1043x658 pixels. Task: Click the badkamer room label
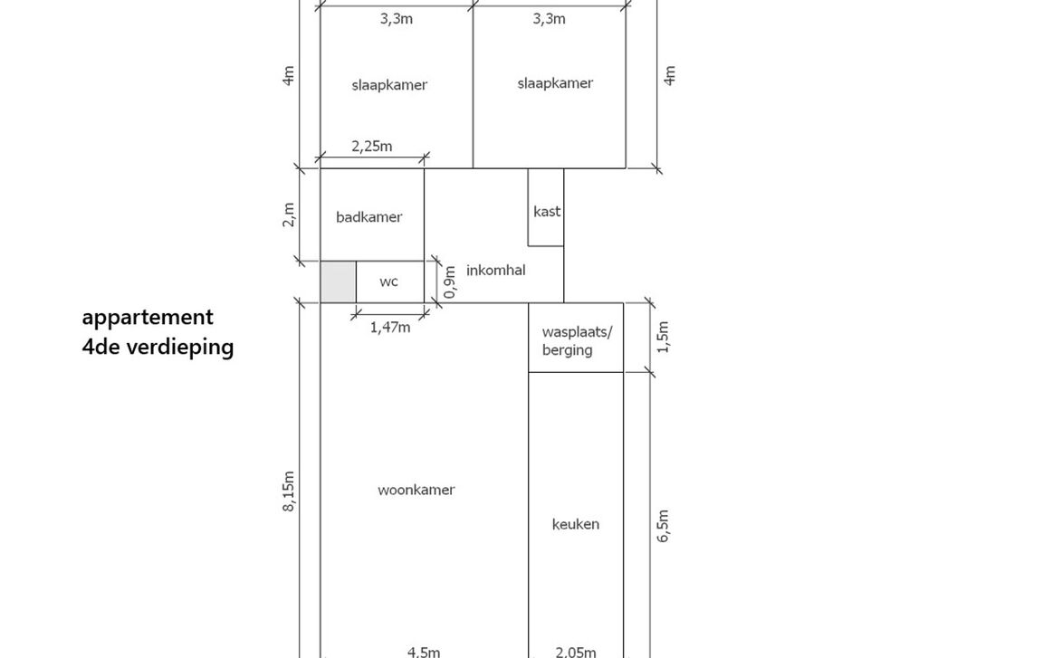tap(368, 216)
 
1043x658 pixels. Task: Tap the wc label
tap(388, 281)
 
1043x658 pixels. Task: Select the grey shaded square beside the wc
tap(339, 281)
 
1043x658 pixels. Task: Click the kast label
tap(547, 212)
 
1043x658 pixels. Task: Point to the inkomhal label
tap(495, 270)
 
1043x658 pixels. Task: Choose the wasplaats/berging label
tap(577, 340)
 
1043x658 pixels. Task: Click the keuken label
tap(576, 524)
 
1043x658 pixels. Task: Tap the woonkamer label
tap(416, 490)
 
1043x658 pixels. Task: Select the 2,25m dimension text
tap(372, 147)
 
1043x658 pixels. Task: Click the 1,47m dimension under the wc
tap(390, 327)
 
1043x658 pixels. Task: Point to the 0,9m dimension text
tap(450, 281)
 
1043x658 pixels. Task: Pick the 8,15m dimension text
tap(289, 491)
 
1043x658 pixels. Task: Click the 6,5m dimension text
tap(663, 526)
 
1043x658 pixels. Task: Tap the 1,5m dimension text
tap(663, 337)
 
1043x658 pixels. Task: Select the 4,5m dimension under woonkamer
tap(424, 652)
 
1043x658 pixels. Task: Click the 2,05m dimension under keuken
tap(576, 652)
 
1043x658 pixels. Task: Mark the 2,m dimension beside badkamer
tap(289, 215)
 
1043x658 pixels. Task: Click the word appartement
tap(148, 318)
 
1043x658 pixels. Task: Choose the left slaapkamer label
tap(389, 85)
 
